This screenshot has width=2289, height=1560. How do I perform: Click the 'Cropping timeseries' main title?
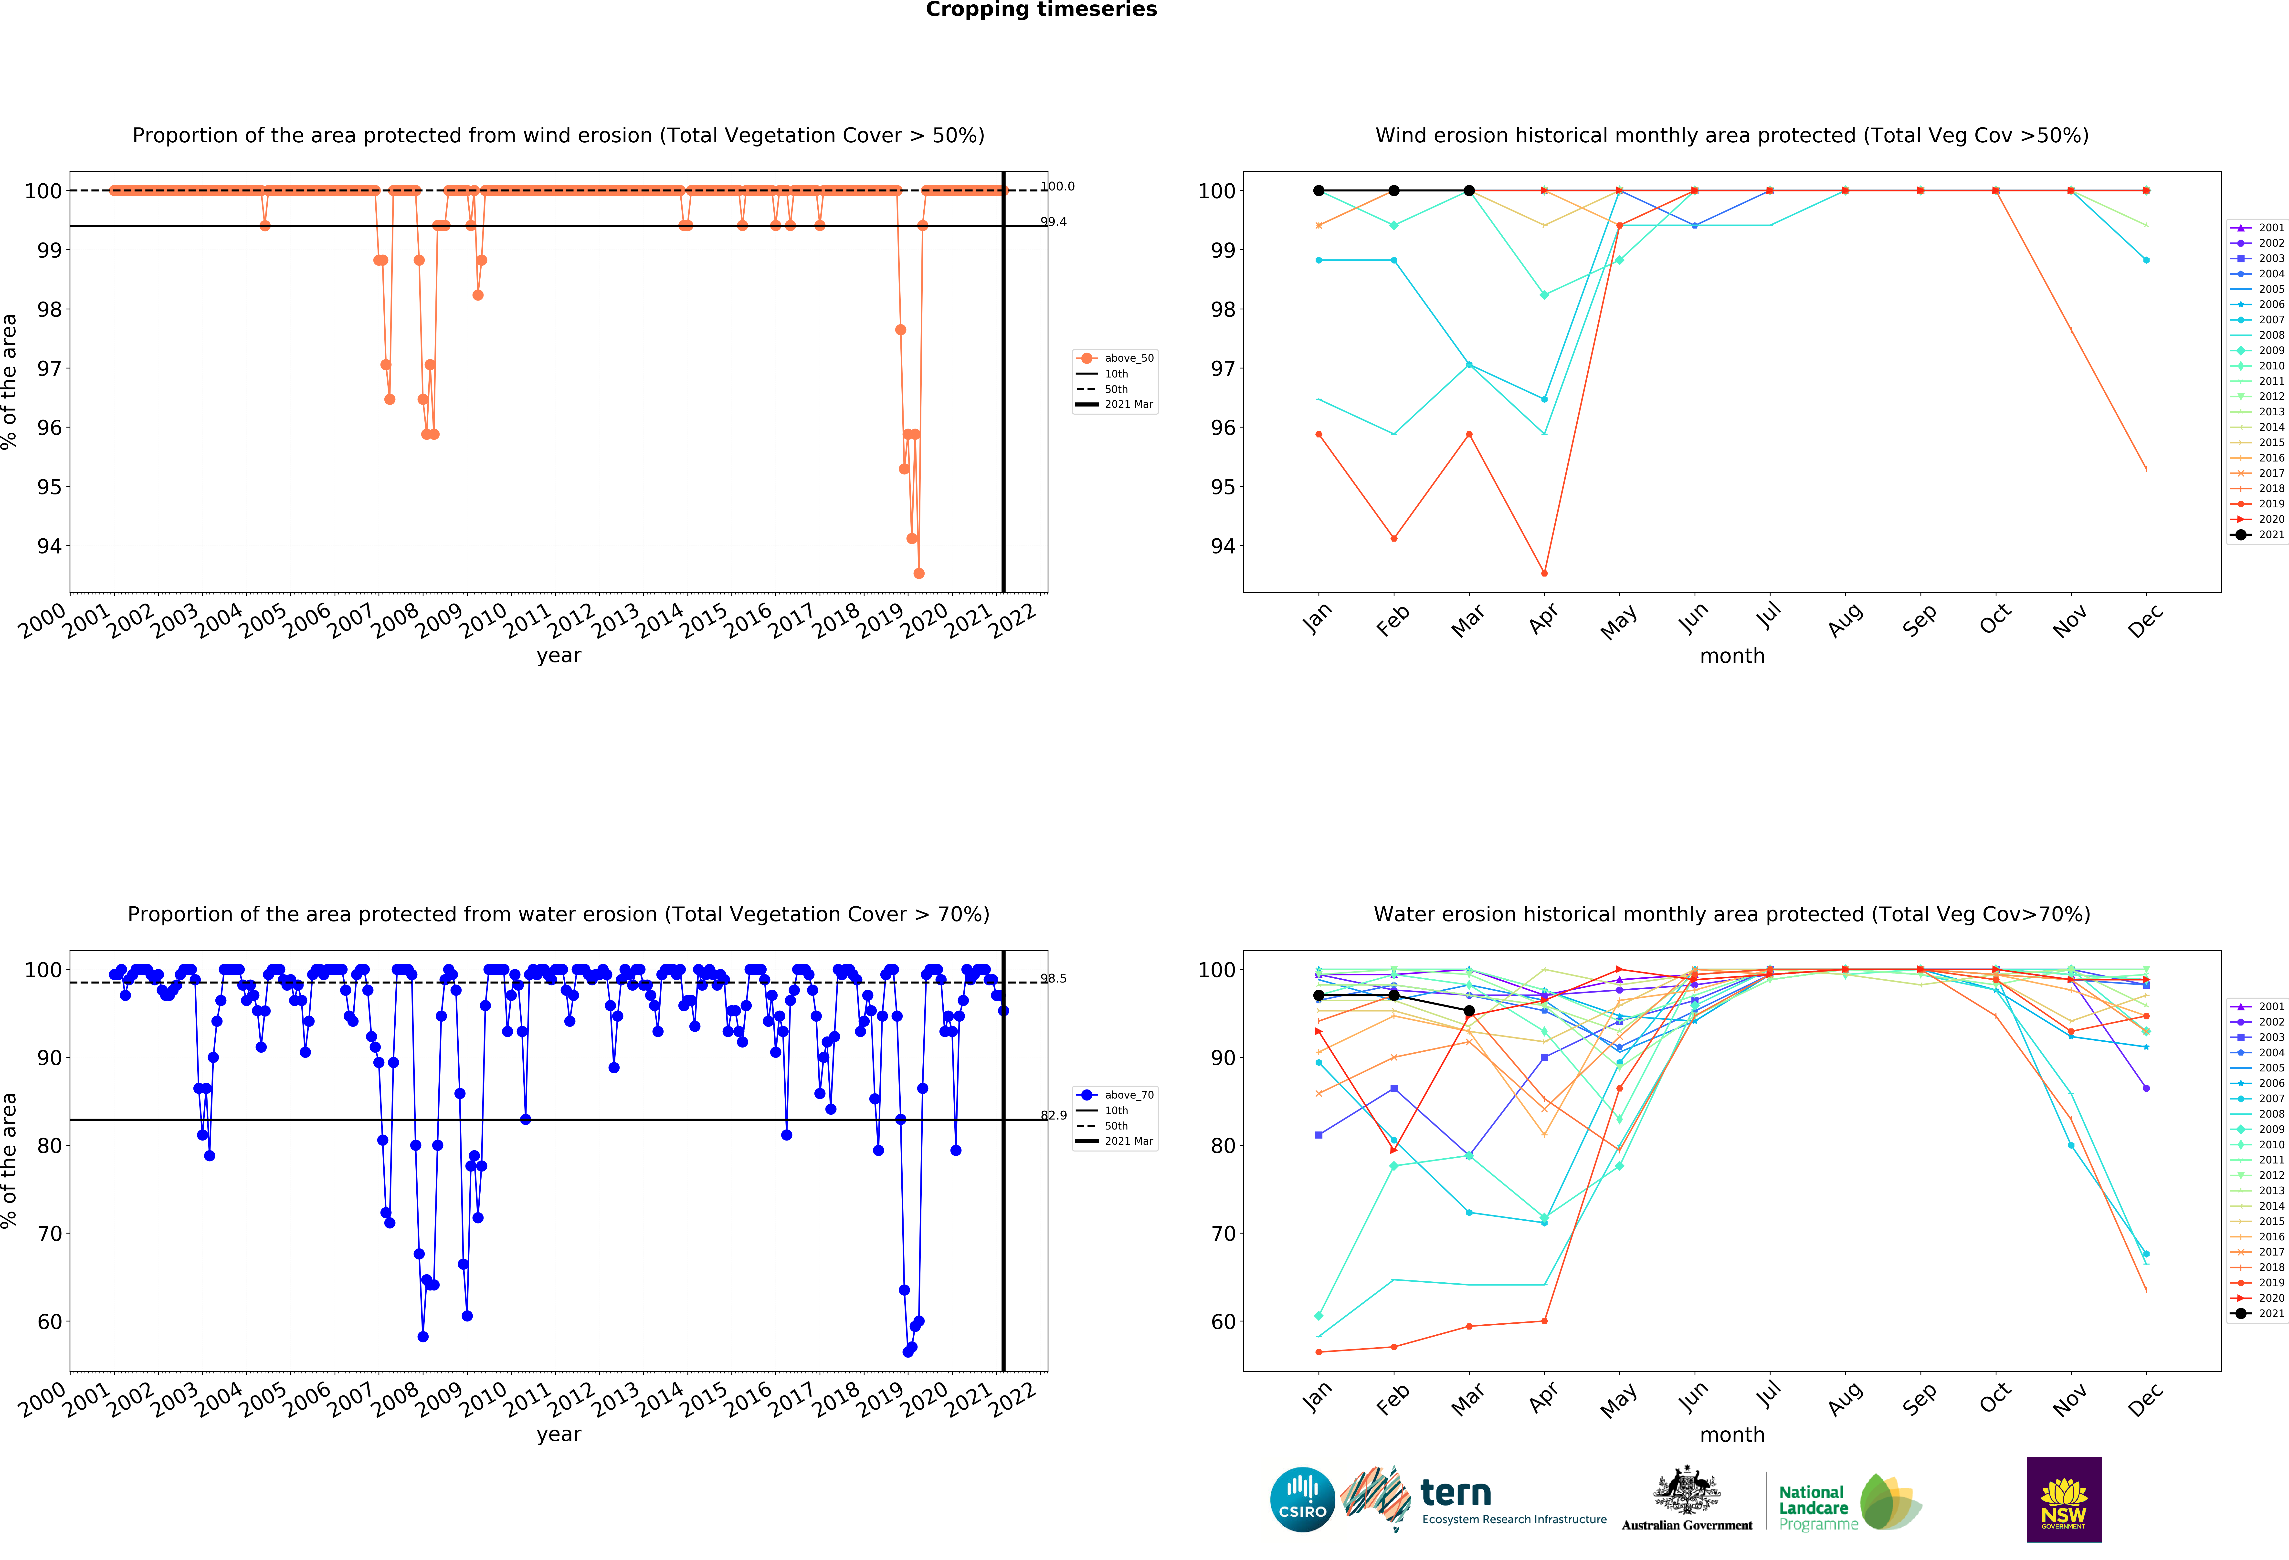coord(1041,10)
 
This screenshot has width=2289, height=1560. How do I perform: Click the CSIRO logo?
coord(1302,1500)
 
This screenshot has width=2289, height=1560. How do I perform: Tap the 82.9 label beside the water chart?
coord(1054,1116)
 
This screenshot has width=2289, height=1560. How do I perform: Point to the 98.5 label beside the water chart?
coord(1054,979)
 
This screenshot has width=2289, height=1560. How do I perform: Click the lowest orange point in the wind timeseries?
coord(919,573)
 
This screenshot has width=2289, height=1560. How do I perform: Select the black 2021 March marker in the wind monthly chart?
coord(1468,191)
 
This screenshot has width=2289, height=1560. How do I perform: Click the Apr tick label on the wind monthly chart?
coord(1543,618)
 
